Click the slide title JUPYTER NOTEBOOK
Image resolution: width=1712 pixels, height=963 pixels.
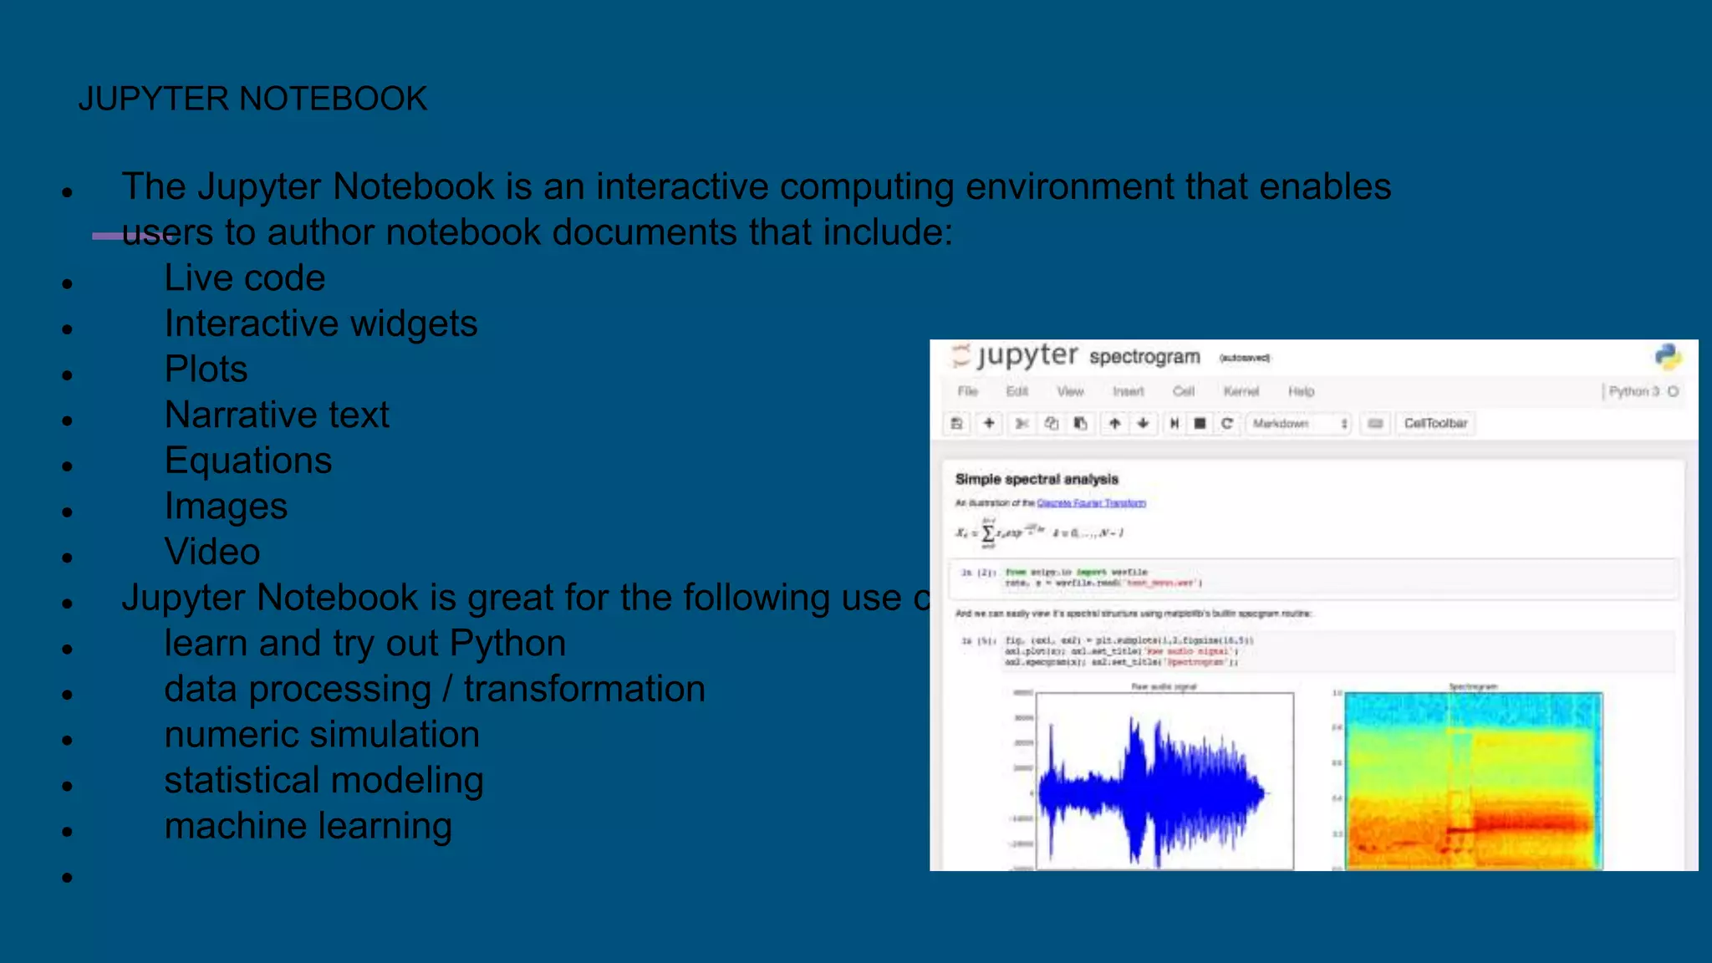click(252, 99)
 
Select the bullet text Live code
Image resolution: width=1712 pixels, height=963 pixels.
click(244, 278)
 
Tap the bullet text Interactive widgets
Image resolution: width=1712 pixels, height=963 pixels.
click(320, 324)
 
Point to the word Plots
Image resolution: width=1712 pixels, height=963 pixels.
click(206, 369)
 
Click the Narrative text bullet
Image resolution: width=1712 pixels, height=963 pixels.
click(277, 415)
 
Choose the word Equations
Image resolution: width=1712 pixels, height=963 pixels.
click(248, 461)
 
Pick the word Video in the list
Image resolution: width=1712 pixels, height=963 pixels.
click(212, 552)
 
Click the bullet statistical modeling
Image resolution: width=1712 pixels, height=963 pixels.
click(324, 780)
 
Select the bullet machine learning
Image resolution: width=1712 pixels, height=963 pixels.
click(308, 826)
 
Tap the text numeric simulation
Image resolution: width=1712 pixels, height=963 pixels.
click(322, 735)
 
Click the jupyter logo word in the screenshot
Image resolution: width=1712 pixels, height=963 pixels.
click(1027, 355)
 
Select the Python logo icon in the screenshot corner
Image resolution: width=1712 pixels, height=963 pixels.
click(1668, 357)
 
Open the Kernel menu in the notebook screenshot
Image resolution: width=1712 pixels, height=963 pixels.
click(1241, 391)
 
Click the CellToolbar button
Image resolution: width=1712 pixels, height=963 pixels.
click(1435, 424)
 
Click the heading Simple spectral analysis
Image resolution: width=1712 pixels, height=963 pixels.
click(1037, 479)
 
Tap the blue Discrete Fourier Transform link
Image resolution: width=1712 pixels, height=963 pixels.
click(1091, 503)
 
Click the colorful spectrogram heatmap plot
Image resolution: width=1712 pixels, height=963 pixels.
click(1473, 782)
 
